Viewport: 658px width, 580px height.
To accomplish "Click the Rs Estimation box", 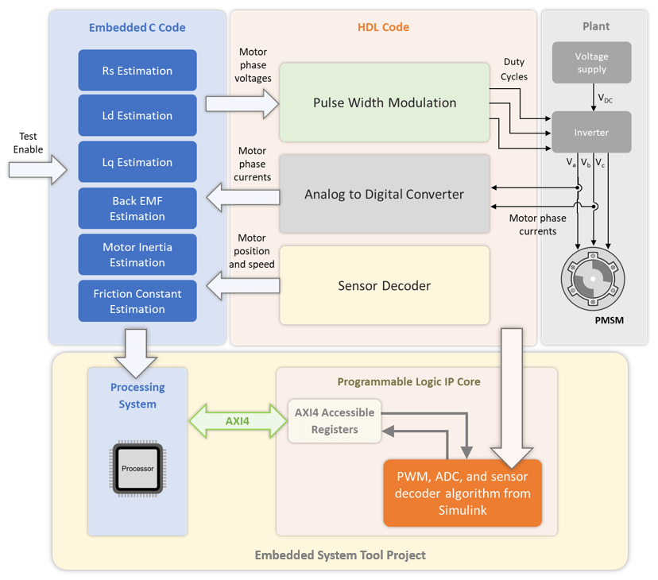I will point(137,71).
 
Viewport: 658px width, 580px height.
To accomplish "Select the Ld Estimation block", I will point(137,116).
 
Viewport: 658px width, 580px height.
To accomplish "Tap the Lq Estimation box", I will point(137,162).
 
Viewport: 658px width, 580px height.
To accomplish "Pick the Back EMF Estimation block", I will point(137,208).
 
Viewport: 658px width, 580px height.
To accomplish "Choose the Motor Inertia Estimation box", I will point(137,254).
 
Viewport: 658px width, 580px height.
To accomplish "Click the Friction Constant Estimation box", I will point(137,301).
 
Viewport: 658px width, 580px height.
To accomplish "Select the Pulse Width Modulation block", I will point(385,103).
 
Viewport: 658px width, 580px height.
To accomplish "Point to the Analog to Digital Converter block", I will point(385,194).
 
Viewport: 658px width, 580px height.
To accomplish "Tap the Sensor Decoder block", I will point(385,285).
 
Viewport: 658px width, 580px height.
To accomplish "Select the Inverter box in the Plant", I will point(591,133).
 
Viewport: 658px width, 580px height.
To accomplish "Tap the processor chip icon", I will point(137,468).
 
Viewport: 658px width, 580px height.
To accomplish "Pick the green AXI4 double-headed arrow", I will point(237,420).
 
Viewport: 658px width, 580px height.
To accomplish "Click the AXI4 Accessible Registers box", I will point(334,421).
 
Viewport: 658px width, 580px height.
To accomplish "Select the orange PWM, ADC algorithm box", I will point(462,493).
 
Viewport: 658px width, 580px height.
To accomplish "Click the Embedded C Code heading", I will point(137,28).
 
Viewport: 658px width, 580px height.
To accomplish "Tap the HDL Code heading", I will point(383,28).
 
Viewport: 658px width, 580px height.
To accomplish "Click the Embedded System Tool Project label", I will point(340,555).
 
